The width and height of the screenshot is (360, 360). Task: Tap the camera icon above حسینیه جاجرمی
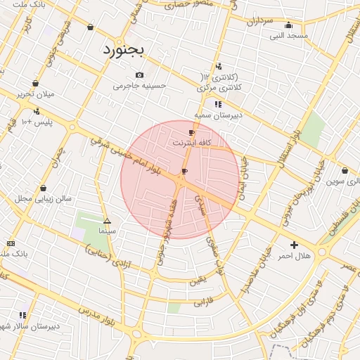pyautogui.click(x=139, y=75)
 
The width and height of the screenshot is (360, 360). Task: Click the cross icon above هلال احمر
pyautogui.click(x=294, y=245)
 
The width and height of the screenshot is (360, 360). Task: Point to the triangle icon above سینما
pyautogui.click(x=107, y=220)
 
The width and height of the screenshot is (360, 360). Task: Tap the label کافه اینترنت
pyautogui.click(x=191, y=143)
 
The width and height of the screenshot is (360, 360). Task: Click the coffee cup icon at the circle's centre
pyautogui.click(x=184, y=171)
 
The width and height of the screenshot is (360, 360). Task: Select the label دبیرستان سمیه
pyautogui.click(x=218, y=114)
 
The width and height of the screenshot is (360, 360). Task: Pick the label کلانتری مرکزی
pyautogui.click(x=219, y=88)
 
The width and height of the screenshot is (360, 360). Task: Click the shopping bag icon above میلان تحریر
pyautogui.click(x=35, y=83)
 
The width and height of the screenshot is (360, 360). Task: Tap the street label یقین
pyautogui.click(x=198, y=281)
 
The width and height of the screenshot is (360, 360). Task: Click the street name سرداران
pyautogui.click(x=258, y=21)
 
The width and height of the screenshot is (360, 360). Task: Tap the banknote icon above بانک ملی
pyautogui.click(x=10, y=243)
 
